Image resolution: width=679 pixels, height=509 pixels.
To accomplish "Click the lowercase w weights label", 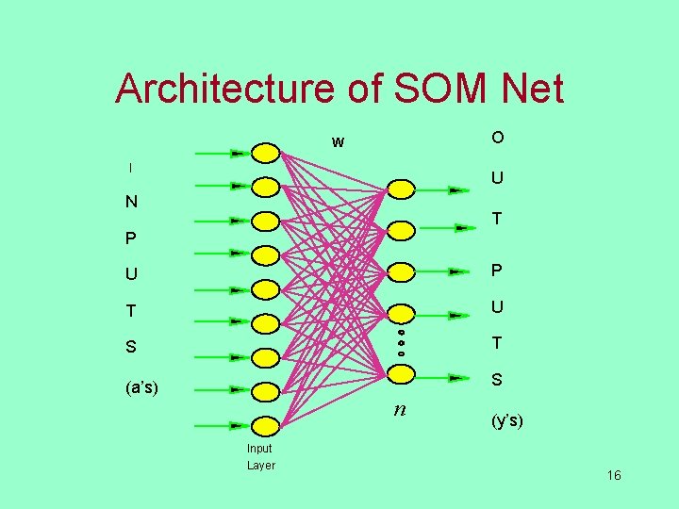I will tap(338, 143).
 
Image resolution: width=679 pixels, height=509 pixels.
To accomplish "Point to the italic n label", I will tap(401, 409).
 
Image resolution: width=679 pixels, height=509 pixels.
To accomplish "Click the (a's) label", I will tap(141, 386).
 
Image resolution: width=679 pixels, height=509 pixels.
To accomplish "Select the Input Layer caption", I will tap(260, 457).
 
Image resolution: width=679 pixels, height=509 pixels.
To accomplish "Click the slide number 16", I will tap(614, 475).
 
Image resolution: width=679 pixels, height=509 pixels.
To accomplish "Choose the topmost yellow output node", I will tap(401, 189).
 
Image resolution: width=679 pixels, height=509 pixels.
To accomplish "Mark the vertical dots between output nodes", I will tap(401, 343).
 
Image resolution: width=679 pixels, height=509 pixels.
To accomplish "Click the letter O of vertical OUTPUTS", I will tap(497, 138).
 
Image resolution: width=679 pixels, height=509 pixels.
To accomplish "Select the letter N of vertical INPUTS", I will tap(131, 202).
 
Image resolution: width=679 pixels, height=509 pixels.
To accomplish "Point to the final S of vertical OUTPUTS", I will tap(497, 381).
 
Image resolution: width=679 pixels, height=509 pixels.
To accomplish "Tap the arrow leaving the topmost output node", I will tap(443, 189).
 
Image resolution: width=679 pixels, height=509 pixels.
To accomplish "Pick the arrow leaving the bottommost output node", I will tap(443, 377).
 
